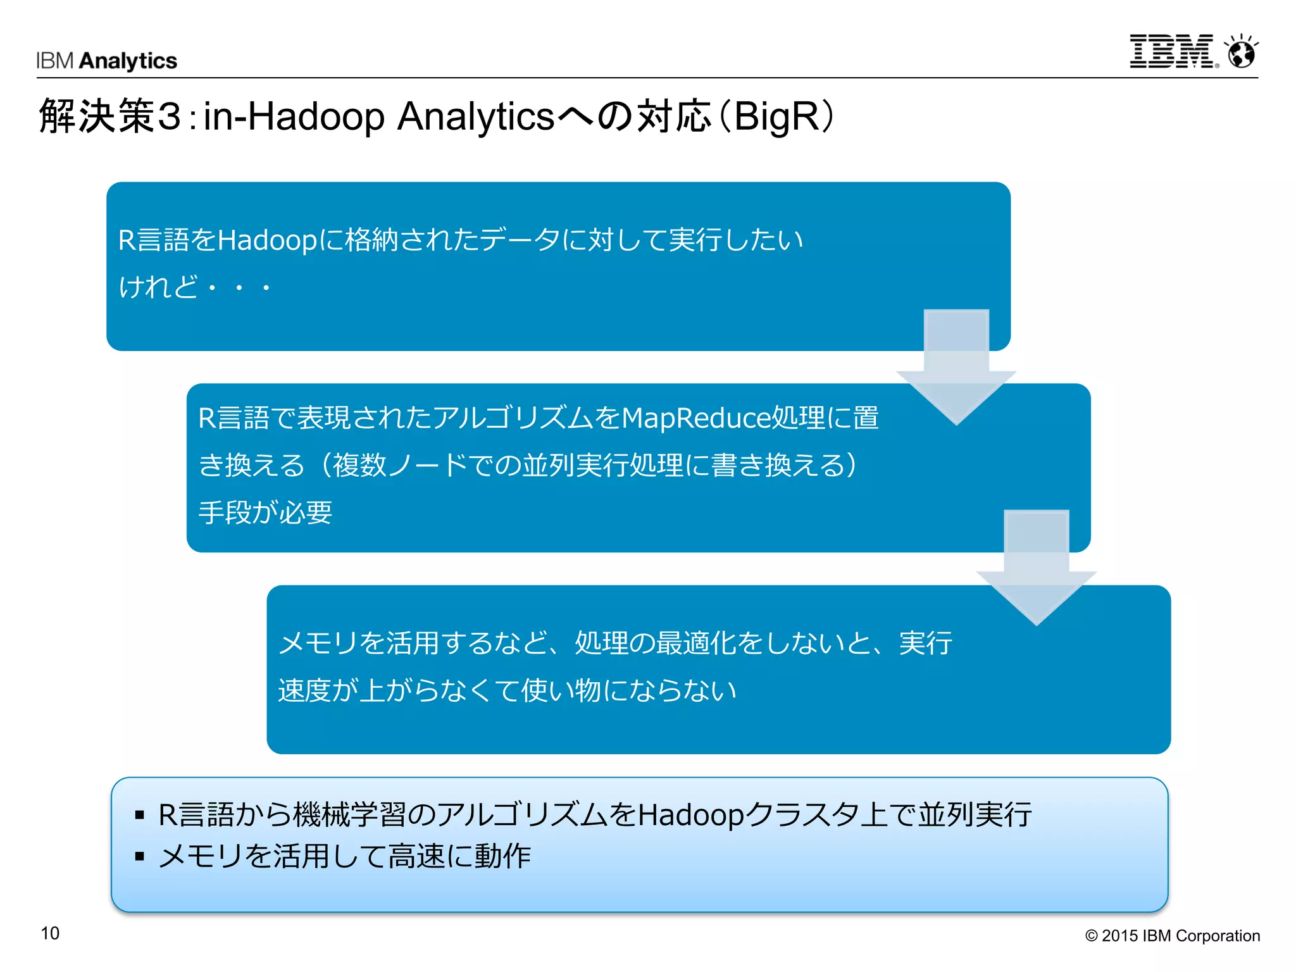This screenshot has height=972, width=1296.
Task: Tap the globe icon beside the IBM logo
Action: coord(1241,52)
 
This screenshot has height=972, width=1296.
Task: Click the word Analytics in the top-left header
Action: coord(128,61)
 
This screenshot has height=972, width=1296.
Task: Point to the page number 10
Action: coord(50,933)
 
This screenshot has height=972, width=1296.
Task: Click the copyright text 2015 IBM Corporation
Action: coord(1173,936)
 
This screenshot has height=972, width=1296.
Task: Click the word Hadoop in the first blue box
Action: coord(266,240)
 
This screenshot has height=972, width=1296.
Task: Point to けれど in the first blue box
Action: coord(158,287)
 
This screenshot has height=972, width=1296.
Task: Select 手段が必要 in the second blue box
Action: coord(265,512)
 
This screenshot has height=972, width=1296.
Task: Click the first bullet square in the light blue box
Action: coord(140,815)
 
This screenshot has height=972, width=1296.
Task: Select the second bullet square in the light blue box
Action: coord(140,857)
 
